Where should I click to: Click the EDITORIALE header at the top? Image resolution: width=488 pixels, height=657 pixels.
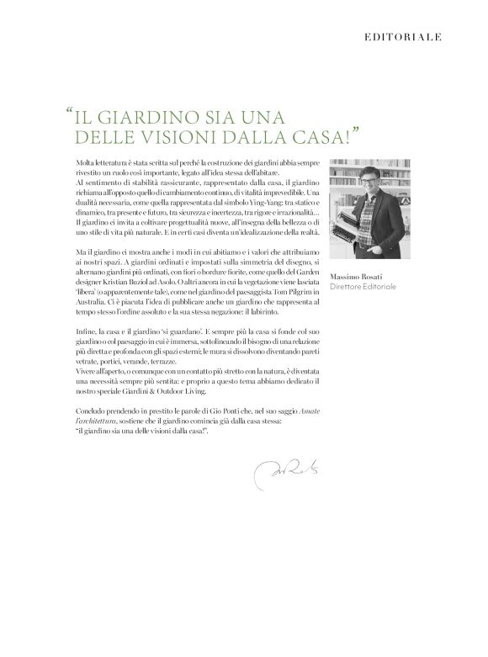tap(403, 37)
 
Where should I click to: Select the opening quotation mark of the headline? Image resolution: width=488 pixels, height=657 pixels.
tap(67, 112)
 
